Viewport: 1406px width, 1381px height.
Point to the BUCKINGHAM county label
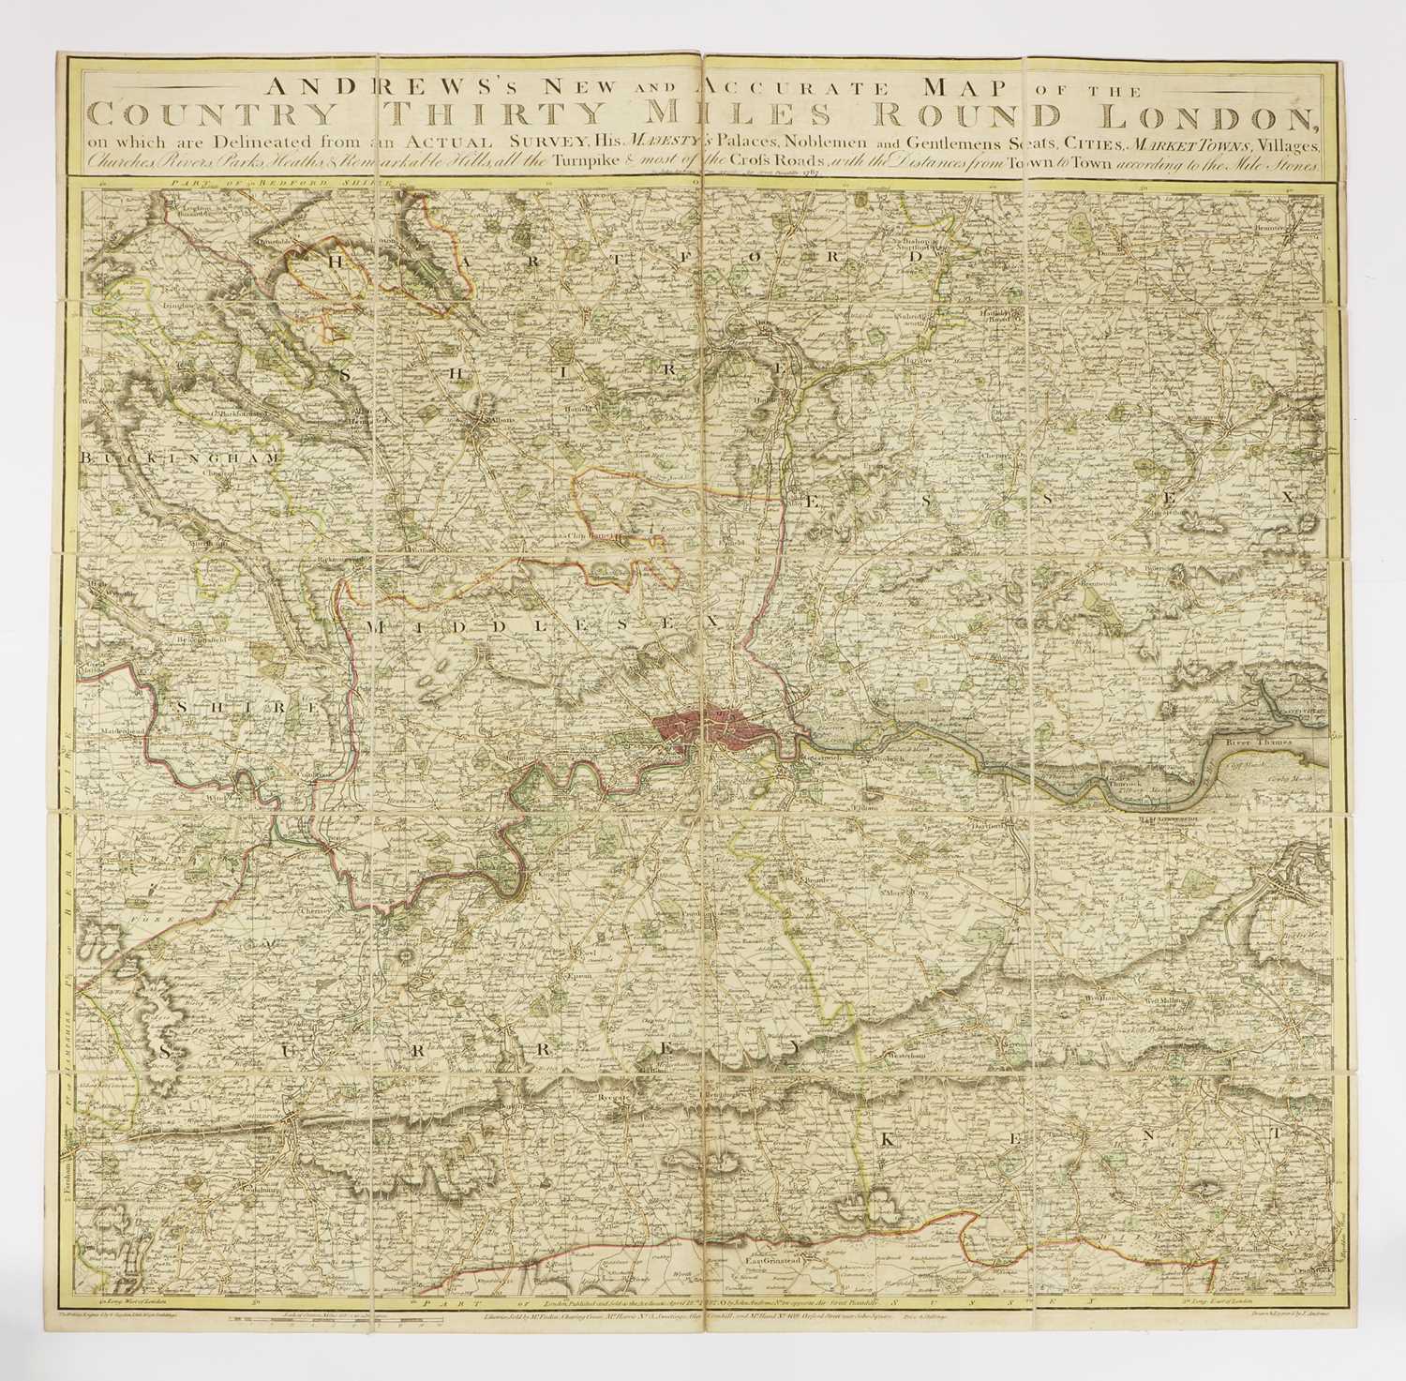tap(181, 458)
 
